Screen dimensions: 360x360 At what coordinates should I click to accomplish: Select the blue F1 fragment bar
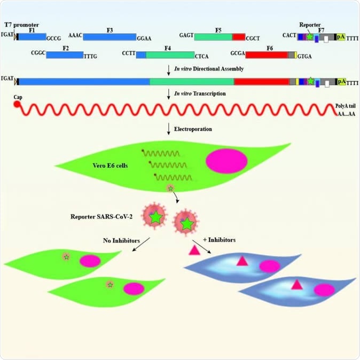(x=32, y=36)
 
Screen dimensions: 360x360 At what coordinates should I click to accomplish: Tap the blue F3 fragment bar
(x=109, y=36)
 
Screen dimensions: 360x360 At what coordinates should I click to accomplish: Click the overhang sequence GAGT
(x=186, y=34)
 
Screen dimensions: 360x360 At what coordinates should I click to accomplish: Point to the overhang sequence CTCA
(x=202, y=55)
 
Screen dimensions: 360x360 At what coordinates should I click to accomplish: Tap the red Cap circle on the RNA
(x=17, y=104)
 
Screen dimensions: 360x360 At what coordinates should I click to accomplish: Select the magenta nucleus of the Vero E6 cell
(x=226, y=161)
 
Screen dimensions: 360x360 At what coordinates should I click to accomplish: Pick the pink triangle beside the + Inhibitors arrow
(x=193, y=249)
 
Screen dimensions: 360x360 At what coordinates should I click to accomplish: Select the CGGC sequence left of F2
(x=38, y=53)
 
